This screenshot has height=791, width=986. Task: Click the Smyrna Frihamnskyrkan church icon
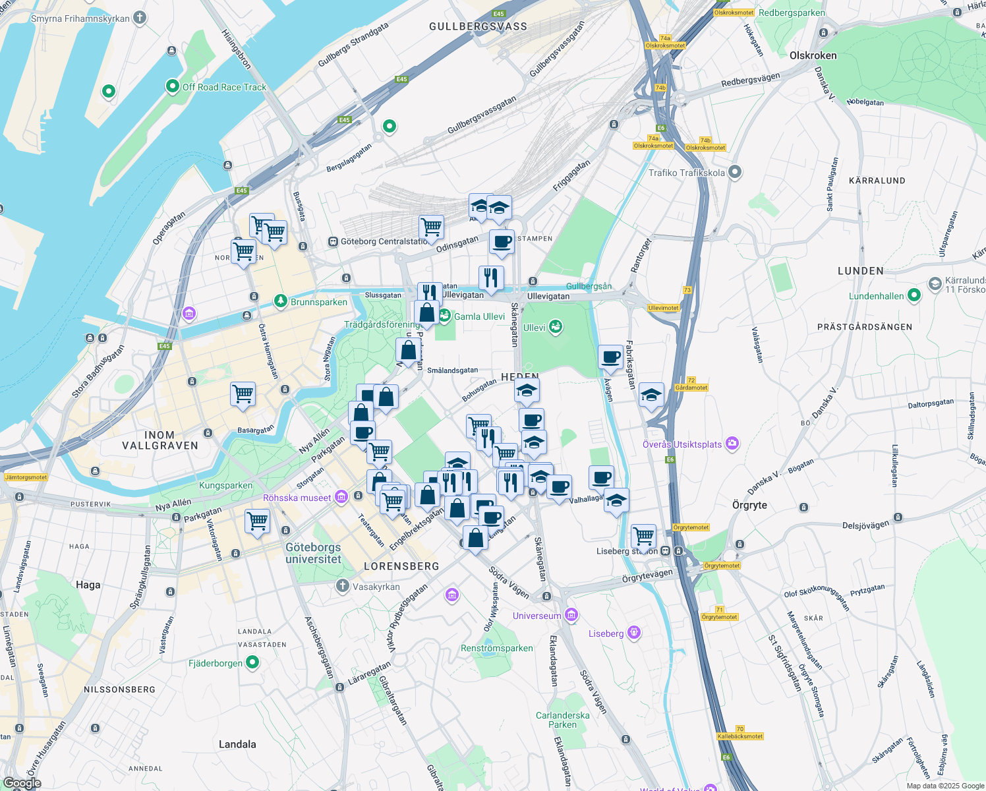click(x=140, y=18)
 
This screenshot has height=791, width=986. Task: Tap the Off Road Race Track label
click(x=224, y=87)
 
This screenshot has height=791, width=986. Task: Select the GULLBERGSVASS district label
click(x=478, y=26)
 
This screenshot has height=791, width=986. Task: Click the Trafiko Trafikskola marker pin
click(x=735, y=172)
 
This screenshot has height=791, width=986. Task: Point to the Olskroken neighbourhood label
click(x=813, y=55)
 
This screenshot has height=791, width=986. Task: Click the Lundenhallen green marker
click(x=913, y=295)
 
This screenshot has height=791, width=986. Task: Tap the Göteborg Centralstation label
click(x=384, y=242)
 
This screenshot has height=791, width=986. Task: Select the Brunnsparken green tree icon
click(x=281, y=301)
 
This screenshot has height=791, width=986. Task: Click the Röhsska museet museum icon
click(x=341, y=497)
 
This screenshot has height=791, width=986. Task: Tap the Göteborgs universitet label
click(x=313, y=553)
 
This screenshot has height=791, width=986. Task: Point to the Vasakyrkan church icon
click(x=342, y=586)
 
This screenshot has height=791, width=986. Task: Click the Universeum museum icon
click(x=571, y=615)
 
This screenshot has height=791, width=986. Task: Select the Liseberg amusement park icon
click(x=633, y=633)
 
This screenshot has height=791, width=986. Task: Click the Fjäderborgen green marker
click(x=252, y=662)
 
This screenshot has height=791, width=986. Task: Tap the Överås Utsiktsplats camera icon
click(x=732, y=444)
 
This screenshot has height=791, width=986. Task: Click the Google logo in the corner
click(x=22, y=783)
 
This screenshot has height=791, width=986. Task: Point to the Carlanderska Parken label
click(x=562, y=720)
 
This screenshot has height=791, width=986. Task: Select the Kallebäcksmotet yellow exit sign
click(x=740, y=736)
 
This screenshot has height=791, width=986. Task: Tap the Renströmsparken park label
click(x=497, y=648)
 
